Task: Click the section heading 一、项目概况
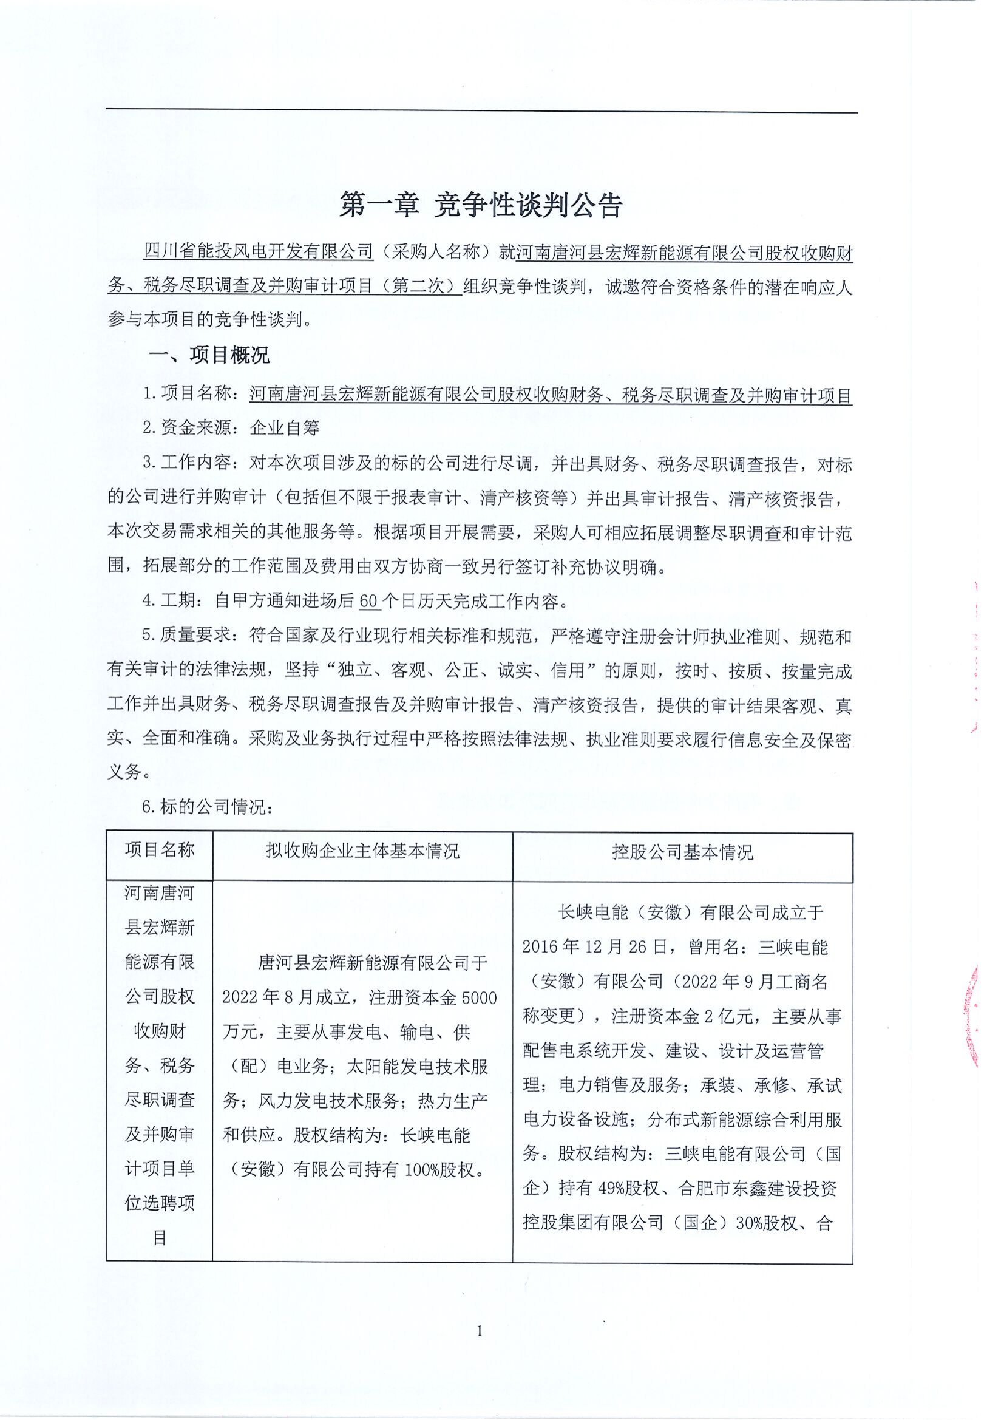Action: point(209,355)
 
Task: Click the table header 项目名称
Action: point(160,850)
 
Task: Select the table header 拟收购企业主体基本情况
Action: point(363,852)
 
